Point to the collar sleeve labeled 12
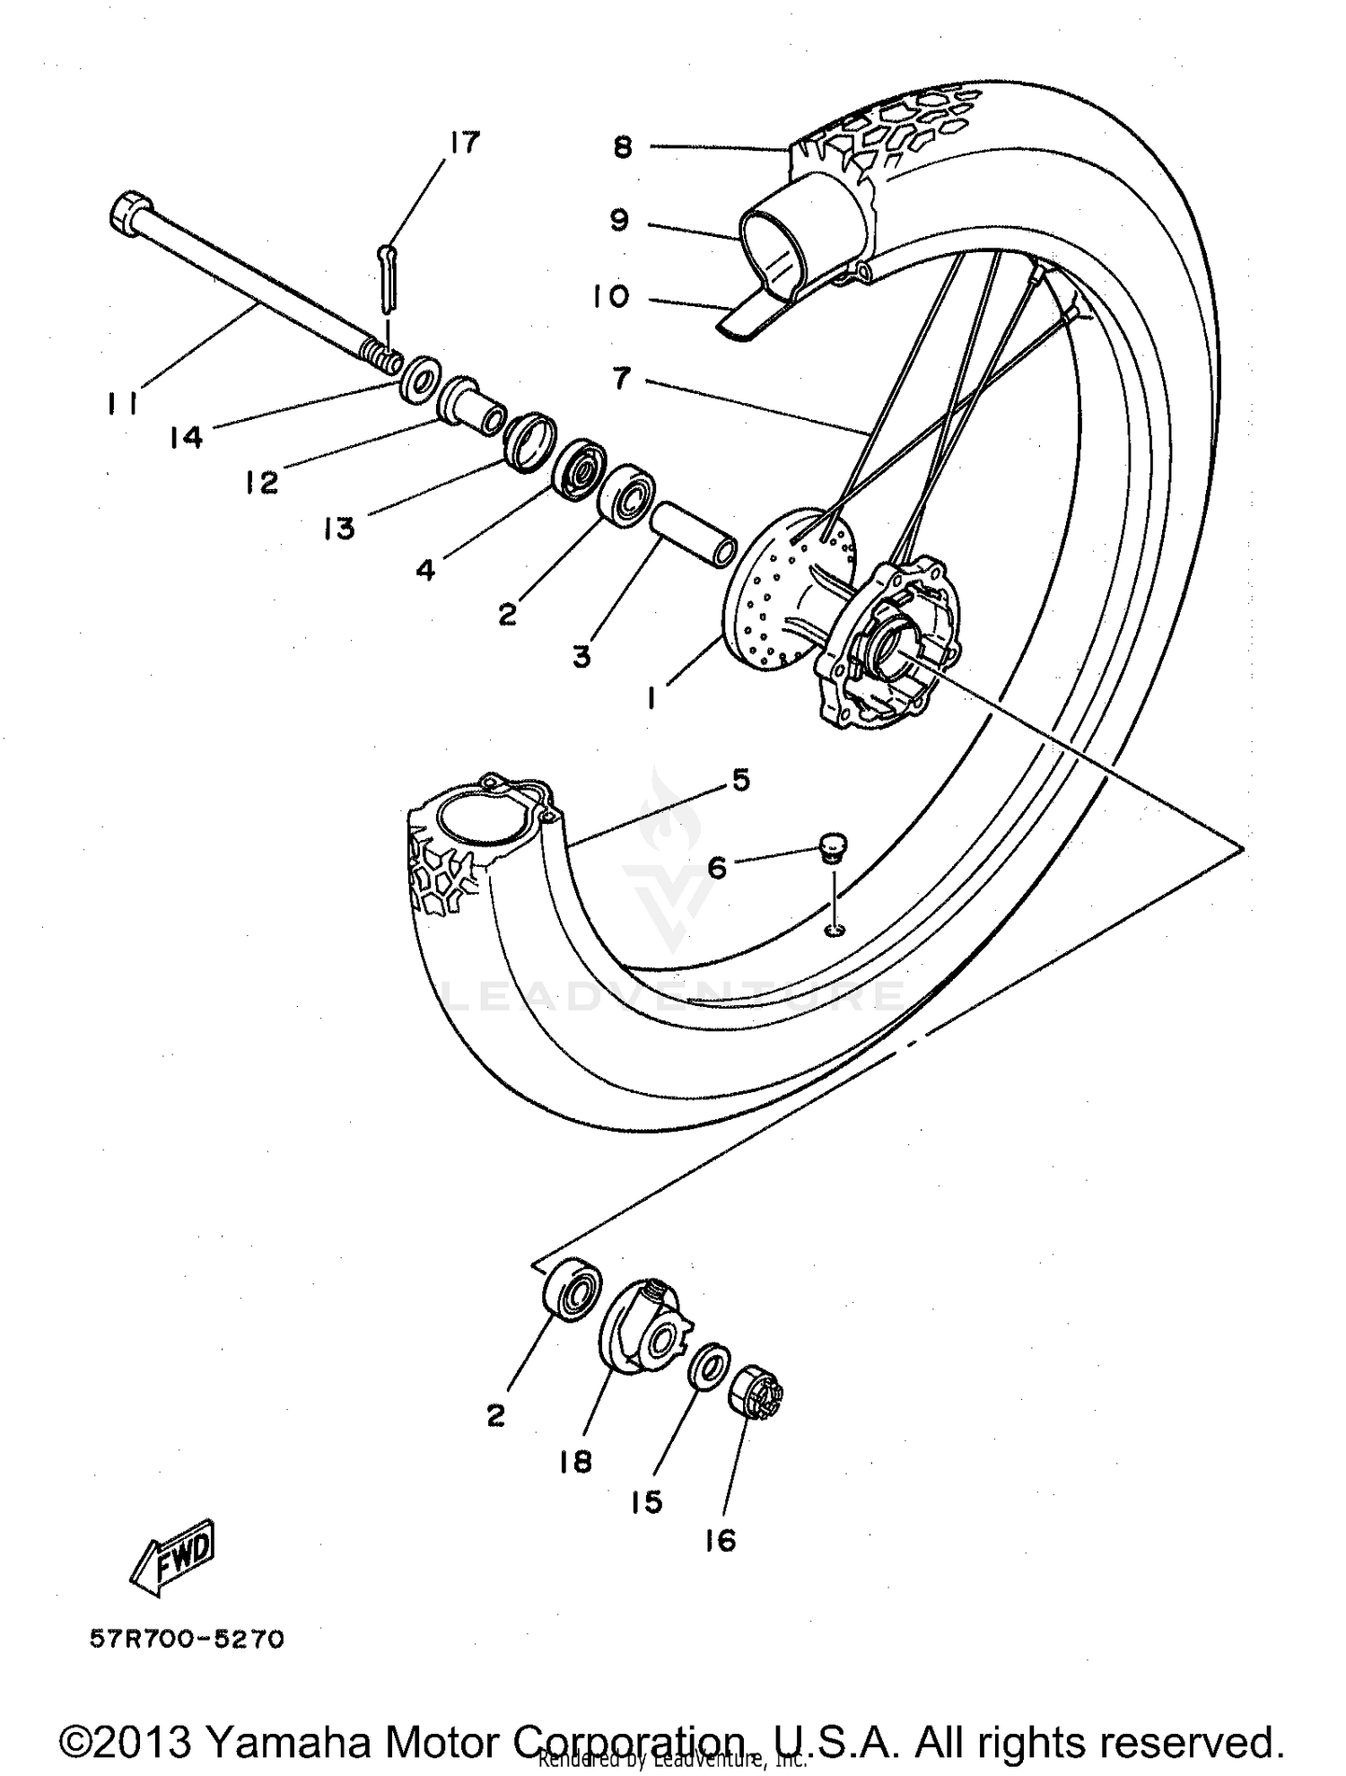471,405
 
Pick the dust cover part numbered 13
529,440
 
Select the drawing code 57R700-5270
187,1640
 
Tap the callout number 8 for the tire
624,146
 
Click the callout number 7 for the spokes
623,380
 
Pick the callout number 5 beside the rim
739,780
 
